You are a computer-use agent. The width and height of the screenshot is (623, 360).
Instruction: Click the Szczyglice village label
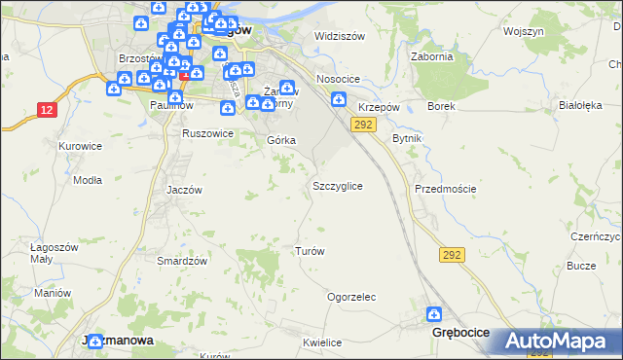click(338, 186)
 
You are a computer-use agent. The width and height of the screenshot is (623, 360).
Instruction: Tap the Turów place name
click(310, 251)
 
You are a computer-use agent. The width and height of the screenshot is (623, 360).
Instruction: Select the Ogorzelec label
click(351, 297)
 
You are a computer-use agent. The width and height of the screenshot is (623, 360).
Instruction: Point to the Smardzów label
click(183, 261)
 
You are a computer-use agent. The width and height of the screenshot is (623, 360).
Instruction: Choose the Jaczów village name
click(183, 191)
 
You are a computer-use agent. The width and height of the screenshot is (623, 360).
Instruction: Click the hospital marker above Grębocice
click(434, 314)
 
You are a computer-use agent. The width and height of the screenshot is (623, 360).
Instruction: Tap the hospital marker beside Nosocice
click(338, 98)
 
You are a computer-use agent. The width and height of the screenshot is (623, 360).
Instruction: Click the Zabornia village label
click(433, 56)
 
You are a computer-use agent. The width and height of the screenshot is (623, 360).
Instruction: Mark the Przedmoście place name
click(445, 189)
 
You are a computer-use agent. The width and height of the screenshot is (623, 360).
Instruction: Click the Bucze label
click(581, 266)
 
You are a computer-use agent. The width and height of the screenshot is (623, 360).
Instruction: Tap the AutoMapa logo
click(557, 341)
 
